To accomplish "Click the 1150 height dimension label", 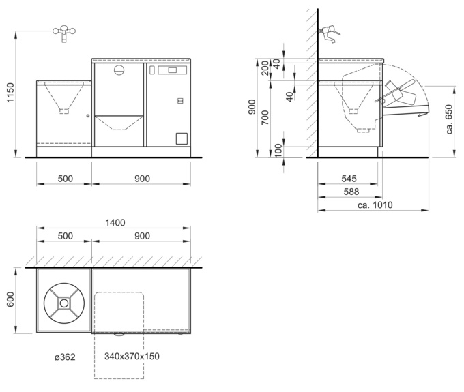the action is (11, 93).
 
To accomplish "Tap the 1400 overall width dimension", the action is (115, 222).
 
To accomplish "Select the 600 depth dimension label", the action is (11, 299).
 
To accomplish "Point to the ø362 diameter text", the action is (65, 357).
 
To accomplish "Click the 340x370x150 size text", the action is (132, 357).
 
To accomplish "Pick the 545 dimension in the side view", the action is (349, 179).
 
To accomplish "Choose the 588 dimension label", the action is (351, 192).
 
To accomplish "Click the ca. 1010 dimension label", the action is (375, 205).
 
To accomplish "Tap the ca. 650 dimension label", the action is (450, 119).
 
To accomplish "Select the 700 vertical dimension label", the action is (265, 117).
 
